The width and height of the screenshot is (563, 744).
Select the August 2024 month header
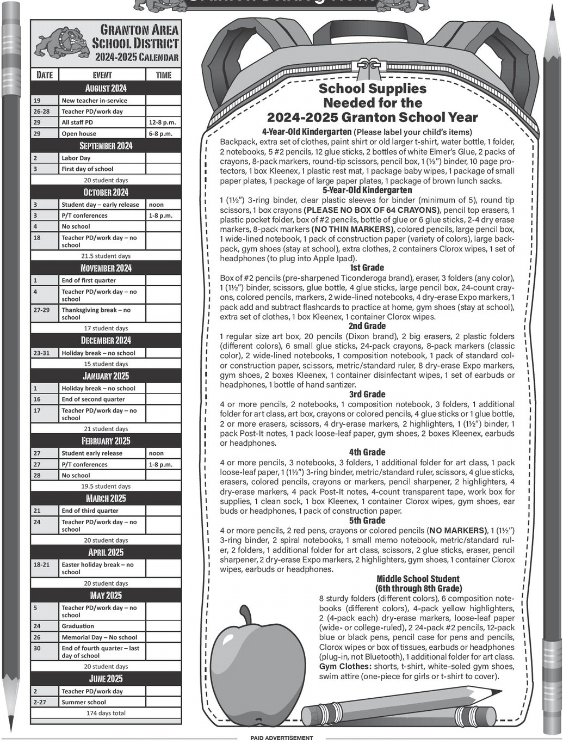point(106,88)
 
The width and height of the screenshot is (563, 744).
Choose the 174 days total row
point(106,712)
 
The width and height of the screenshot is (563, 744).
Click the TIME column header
point(163,75)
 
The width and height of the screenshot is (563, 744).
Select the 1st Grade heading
point(367,268)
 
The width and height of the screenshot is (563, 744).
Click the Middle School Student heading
point(418,579)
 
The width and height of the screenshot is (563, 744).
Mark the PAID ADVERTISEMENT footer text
point(282,738)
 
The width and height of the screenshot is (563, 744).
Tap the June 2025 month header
point(106,679)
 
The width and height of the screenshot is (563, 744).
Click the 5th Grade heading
point(367,521)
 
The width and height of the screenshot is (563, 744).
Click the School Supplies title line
point(373,88)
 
